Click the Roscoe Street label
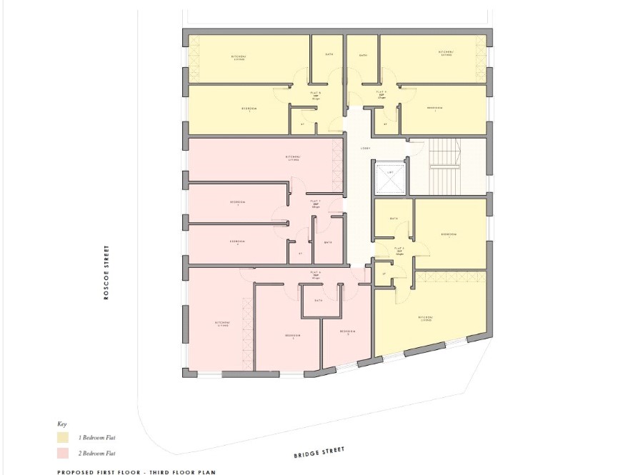pos(106,273)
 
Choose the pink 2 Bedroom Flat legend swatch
pos(63,453)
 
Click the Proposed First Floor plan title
pos(136,471)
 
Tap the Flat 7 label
pos(314,203)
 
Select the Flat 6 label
pos(315,274)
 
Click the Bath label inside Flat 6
pos(318,301)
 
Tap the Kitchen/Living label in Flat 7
pos(293,158)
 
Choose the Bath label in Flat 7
pos(327,242)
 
